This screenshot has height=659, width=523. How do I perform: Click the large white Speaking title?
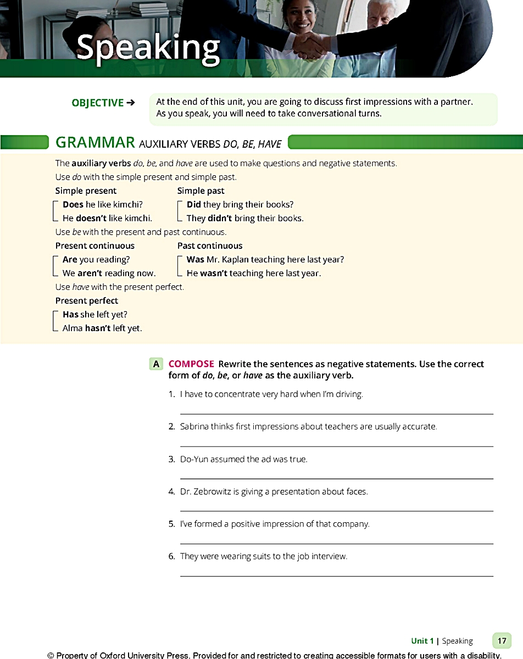[148, 48]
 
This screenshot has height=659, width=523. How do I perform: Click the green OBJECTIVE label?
[98, 103]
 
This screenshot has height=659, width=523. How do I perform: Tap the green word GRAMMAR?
[95, 143]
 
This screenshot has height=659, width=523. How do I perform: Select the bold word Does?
[73, 204]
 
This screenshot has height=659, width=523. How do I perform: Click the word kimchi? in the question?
[127, 204]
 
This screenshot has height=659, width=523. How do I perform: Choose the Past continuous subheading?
[209, 245]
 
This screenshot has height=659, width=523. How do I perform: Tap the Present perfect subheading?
[86, 300]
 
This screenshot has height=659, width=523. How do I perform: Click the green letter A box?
[157, 364]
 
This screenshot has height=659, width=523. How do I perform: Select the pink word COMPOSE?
[191, 364]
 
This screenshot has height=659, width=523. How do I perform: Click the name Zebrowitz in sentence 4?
[215, 491]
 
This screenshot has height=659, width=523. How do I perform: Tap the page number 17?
[502, 640]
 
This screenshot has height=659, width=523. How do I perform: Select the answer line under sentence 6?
[336, 576]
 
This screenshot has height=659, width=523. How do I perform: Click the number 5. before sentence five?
[172, 524]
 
